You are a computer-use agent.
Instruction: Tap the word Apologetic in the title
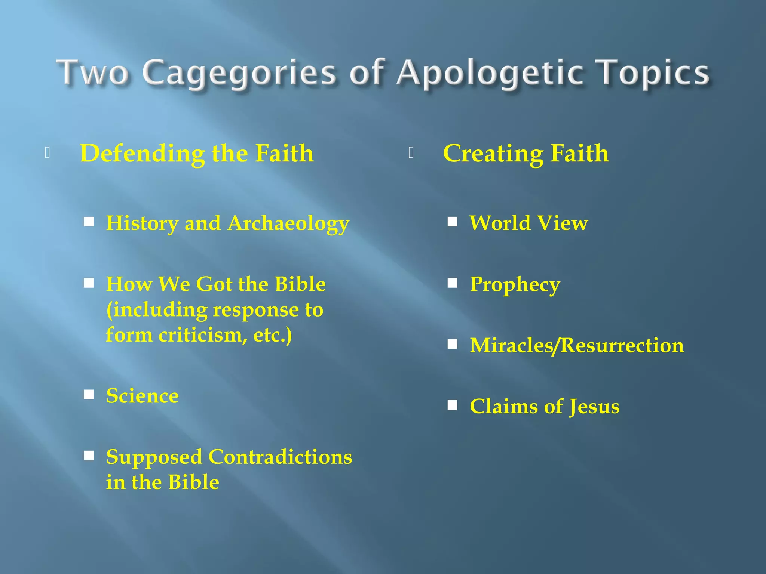click(490, 72)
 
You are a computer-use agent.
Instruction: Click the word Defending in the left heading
click(142, 154)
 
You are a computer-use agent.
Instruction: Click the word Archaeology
click(288, 223)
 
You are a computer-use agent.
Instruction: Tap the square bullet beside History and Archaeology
click(89, 222)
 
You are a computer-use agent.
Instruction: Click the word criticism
click(202, 335)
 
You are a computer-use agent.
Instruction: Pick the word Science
click(143, 396)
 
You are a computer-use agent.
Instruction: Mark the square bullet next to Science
click(89, 395)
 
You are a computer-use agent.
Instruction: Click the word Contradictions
click(280, 457)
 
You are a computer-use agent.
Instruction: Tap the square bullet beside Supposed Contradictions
click(89, 456)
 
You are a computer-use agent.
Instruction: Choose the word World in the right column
click(499, 223)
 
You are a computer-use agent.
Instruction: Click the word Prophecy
click(515, 285)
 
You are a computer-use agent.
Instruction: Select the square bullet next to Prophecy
click(453, 283)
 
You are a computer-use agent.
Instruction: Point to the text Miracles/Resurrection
click(577, 345)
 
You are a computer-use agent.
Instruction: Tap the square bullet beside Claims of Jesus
click(453, 405)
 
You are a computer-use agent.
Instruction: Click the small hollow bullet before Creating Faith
click(411, 153)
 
